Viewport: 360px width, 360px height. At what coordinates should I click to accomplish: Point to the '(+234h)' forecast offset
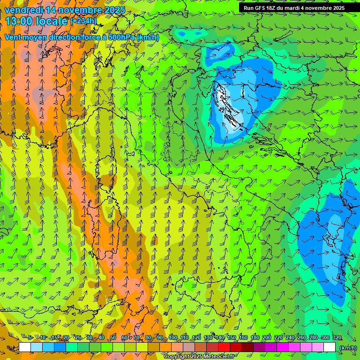click(83, 21)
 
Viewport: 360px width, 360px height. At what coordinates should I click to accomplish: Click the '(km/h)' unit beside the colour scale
click(348, 347)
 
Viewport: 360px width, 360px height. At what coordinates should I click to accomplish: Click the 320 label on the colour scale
click(337, 337)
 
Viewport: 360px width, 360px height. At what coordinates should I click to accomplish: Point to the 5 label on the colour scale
click(30, 337)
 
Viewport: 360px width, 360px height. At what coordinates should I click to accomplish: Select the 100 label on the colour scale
click(173, 337)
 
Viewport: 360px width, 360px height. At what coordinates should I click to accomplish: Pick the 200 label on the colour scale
click(267, 337)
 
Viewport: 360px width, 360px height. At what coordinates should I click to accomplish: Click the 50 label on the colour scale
click(113, 337)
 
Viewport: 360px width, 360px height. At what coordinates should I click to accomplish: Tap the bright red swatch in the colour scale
click(224, 347)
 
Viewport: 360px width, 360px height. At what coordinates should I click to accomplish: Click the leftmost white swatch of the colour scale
click(25, 347)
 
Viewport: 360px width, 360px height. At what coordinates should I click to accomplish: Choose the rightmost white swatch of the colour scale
click(330, 347)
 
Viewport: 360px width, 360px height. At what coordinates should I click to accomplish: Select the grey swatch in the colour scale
click(189, 347)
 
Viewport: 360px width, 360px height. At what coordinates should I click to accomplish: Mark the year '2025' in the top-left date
click(114, 10)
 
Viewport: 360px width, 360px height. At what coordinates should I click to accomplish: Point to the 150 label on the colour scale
click(232, 337)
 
